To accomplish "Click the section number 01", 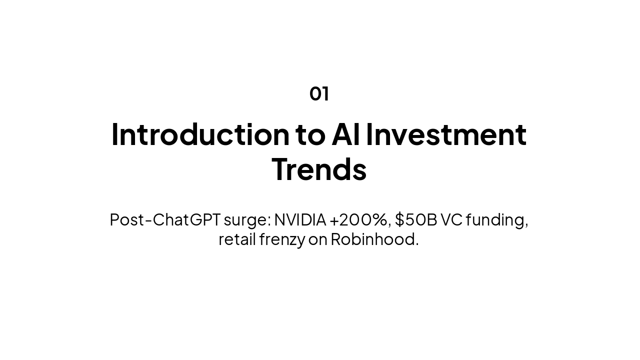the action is point(319,93).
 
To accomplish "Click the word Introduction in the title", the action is point(200,134).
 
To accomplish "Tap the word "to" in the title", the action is point(310,135).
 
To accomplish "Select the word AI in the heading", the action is point(345,134).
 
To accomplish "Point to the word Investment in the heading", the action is point(446,134).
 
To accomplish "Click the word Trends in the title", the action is point(319,169).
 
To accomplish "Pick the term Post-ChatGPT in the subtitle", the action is point(165,219).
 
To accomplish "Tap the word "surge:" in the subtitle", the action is point(247,221).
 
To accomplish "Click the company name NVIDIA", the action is point(300,219).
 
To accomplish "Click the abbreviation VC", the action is point(451,219).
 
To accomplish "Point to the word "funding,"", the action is point(497,220).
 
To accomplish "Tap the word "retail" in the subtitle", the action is point(237,239).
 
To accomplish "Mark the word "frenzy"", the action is point(282,240).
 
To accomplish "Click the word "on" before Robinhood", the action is point(318,240).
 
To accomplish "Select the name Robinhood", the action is point(372,239).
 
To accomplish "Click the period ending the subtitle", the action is point(417,244).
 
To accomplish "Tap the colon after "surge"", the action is point(269,221).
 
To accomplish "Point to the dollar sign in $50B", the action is point(399,219).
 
